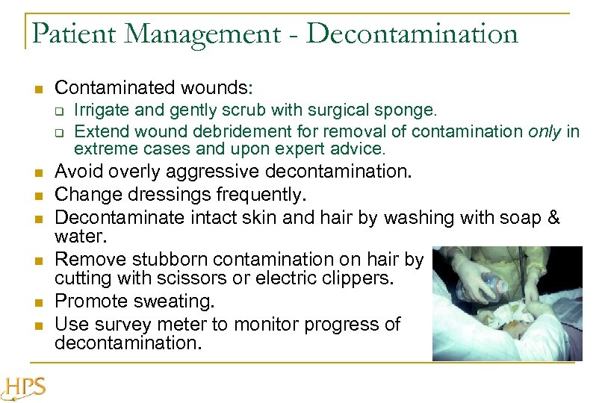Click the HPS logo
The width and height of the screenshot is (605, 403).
tap(25, 387)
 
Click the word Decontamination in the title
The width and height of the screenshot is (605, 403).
tap(412, 33)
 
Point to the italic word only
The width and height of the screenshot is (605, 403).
tap(545, 131)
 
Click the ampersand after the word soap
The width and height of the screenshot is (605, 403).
tap(553, 217)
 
